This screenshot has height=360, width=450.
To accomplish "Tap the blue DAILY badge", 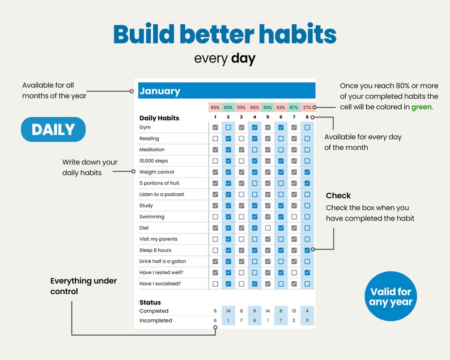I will (x=53, y=129).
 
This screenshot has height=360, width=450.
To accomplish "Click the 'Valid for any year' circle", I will (x=390, y=297).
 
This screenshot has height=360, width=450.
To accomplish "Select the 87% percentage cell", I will (x=294, y=107).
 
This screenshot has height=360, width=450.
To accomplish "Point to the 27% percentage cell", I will (x=307, y=107).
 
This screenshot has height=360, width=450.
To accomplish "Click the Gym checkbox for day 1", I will (x=215, y=128).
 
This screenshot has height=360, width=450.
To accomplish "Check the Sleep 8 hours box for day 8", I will (x=307, y=250).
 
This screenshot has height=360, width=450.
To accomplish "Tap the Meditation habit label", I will (x=152, y=150).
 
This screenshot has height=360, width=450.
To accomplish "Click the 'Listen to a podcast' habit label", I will (x=162, y=194).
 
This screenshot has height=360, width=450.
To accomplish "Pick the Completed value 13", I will (x=294, y=311).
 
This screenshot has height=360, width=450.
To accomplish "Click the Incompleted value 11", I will (x=307, y=320).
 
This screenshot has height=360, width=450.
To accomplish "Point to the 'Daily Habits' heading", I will (x=159, y=118).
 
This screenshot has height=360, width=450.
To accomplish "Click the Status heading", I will (x=150, y=302).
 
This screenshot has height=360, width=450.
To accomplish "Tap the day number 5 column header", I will (x=268, y=117).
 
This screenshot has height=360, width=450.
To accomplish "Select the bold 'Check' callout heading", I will (x=338, y=196).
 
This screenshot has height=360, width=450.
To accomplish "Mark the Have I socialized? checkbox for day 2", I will (x=228, y=283).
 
